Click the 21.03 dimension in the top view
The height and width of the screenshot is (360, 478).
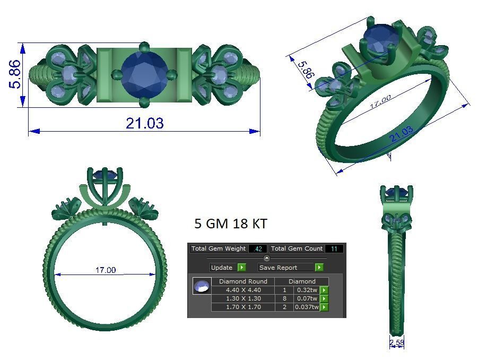click(x=144, y=123)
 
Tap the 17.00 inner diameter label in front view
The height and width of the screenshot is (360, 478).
click(x=105, y=270)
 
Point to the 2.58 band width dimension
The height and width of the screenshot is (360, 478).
click(x=396, y=344)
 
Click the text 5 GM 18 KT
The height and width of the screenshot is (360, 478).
click(x=231, y=224)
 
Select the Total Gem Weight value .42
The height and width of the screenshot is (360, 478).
click(x=258, y=248)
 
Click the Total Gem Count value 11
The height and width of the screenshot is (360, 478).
click(x=334, y=248)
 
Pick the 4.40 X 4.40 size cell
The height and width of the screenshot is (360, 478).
click(x=243, y=290)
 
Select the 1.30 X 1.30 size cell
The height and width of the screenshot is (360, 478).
click(x=243, y=298)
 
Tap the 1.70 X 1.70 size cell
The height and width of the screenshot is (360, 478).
click(x=243, y=307)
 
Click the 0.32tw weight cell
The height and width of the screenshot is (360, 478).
click(x=307, y=290)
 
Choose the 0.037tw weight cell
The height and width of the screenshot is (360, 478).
click(x=307, y=307)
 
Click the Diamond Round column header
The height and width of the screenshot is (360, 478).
click(x=243, y=281)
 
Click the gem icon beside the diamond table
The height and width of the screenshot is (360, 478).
click(x=202, y=286)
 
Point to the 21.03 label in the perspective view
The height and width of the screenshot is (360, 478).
click(x=401, y=135)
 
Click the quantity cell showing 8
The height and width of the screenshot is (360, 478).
click(x=284, y=298)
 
